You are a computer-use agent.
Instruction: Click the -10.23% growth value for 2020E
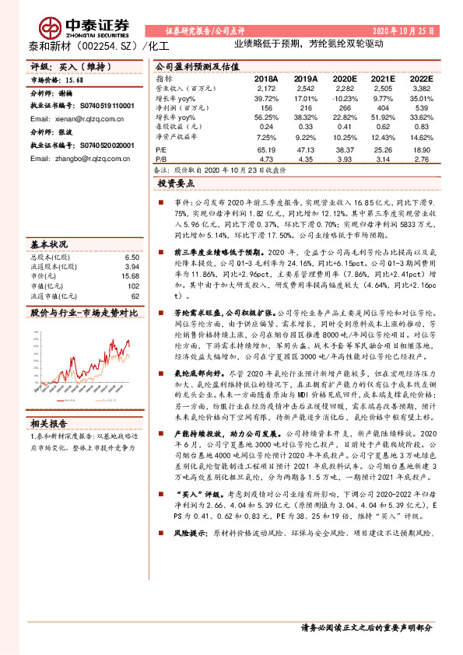click(342, 100)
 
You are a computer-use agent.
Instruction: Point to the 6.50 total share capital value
click(132, 257)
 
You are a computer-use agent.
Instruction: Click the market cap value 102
click(134, 285)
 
